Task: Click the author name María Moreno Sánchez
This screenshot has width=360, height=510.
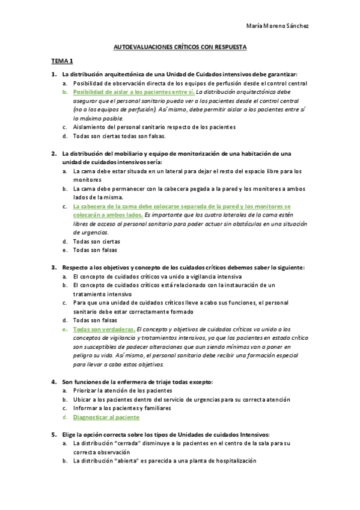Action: tap(278, 26)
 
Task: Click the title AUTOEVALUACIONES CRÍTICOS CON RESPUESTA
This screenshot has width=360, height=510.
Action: tap(180, 46)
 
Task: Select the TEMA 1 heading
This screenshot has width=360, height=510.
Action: tap(61, 61)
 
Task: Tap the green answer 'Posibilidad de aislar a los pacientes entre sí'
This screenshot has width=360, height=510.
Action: tap(133, 92)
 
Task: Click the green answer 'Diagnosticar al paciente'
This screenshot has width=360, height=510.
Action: tap(106, 417)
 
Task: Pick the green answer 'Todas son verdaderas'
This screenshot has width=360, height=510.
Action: tap(103, 330)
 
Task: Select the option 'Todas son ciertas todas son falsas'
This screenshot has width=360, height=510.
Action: tap(115, 136)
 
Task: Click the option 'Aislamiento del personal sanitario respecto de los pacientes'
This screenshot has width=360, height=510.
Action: tap(154, 127)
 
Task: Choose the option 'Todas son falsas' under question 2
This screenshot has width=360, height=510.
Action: tap(95, 250)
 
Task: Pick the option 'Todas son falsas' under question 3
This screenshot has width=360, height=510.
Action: tap(95, 321)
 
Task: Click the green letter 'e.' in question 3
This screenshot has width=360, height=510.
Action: tap(65, 330)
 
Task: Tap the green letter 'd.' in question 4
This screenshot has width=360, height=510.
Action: tap(65, 417)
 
